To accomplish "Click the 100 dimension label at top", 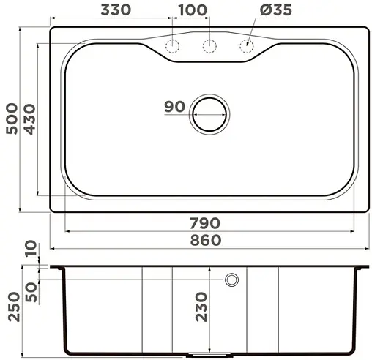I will (191, 10).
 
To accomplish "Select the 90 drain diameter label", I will (174, 107).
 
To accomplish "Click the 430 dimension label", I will (29, 117).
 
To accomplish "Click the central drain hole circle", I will (209, 113).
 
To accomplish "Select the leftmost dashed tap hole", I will (173, 47).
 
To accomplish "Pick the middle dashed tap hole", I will (209, 47).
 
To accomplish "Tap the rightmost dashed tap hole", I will (246, 47).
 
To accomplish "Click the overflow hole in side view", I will (232, 279).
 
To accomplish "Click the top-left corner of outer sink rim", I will (52, 28).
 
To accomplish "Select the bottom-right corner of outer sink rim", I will (367, 210).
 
